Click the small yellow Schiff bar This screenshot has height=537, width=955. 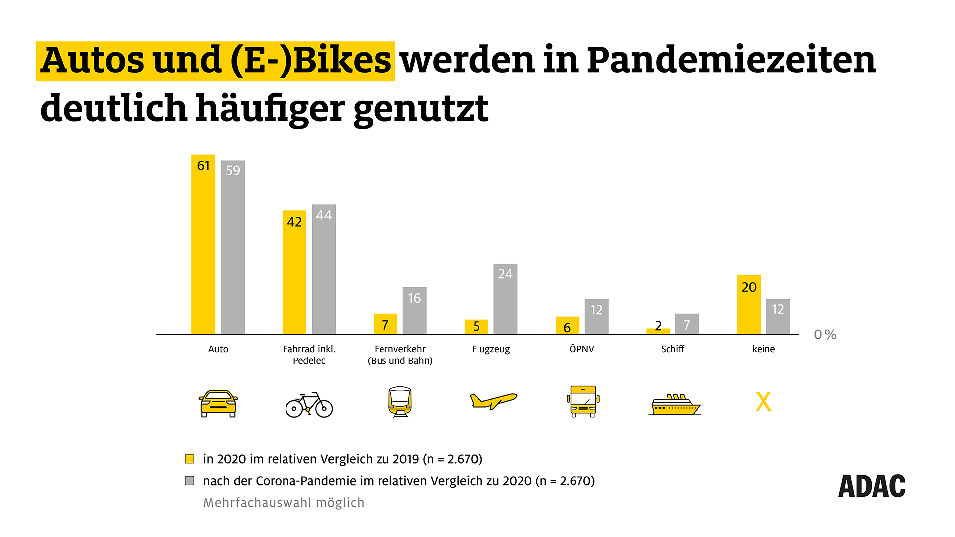658,331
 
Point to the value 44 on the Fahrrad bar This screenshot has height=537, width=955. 324,215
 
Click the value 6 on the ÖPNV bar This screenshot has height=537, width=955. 567,328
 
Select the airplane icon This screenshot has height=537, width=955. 493,400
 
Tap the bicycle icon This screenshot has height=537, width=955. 309,405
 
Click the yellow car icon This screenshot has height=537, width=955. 218,403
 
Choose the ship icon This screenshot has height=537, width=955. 675,404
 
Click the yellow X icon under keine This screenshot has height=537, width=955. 763,402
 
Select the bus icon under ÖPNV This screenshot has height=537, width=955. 583,401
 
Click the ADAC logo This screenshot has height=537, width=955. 871,486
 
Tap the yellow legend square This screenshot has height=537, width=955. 190,459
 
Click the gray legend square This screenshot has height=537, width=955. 190,481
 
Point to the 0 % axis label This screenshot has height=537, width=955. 825,335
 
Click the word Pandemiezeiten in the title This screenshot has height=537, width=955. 731,60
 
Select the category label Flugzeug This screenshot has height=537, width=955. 491,349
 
